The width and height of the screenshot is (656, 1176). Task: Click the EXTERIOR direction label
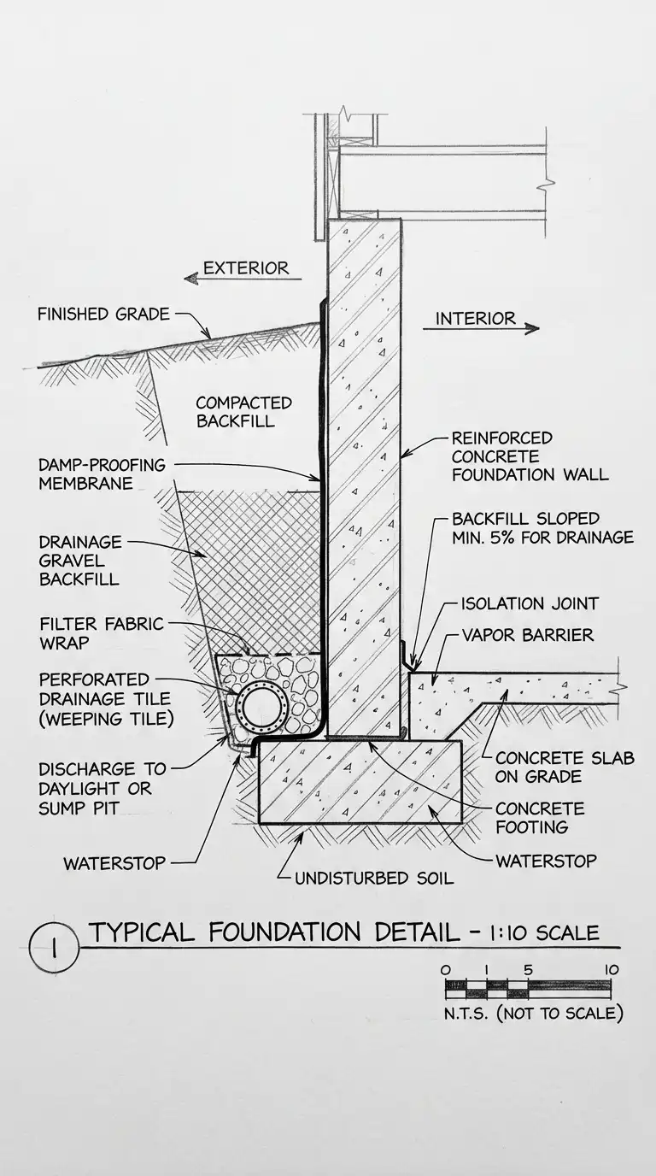pyautogui.click(x=246, y=268)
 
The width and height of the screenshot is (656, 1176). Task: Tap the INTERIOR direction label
pyautogui.click(x=475, y=319)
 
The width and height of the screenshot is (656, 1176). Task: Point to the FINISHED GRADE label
pyautogui.click(x=102, y=315)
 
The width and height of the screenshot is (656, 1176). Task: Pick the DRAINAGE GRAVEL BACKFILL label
pyautogui.click(x=79, y=561)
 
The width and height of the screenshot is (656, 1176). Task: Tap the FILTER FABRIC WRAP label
pyautogui.click(x=101, y=633)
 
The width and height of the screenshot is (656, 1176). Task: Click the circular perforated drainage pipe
pyautogui.click(x=261, y=706)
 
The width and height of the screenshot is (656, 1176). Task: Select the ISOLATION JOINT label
pyautogui.click(x=530, y=604)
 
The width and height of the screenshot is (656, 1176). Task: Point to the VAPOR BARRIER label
pyautogui.click(x=527, y=636)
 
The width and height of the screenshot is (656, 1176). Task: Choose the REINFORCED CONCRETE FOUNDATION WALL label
pyautogui.click(x=530, y=456)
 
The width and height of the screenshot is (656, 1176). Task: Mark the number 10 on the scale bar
pyautogui.click(x=610, y=970)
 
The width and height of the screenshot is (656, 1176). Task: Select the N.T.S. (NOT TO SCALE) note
pyautogui.click(x=534, y=1014)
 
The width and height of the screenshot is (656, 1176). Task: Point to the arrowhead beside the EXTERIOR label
pyautogui.click(x=190, y=278)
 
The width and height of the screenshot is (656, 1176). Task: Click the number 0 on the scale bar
pyautogui.click(x=445, y=970)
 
